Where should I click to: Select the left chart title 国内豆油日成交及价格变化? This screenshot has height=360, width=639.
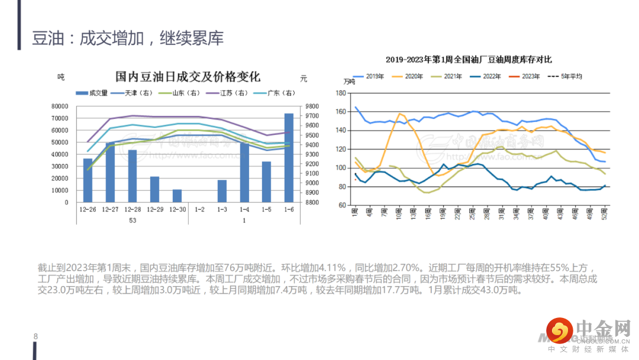(x=188, y=78)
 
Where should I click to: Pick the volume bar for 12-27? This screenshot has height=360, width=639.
(x=110, y=172)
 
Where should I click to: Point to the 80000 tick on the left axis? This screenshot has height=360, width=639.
(x=60, y=107)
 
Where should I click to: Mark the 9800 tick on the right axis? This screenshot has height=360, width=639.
(x=312, y=107)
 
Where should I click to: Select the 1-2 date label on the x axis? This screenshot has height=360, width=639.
(x=199, y=210)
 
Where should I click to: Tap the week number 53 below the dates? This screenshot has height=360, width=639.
(x=133, y=220)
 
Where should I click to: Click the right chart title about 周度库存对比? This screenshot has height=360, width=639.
(x=469, y=59)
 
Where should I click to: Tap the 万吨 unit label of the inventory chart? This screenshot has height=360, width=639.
(x=350, y=82)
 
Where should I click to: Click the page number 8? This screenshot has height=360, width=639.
(x=35, y=337)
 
